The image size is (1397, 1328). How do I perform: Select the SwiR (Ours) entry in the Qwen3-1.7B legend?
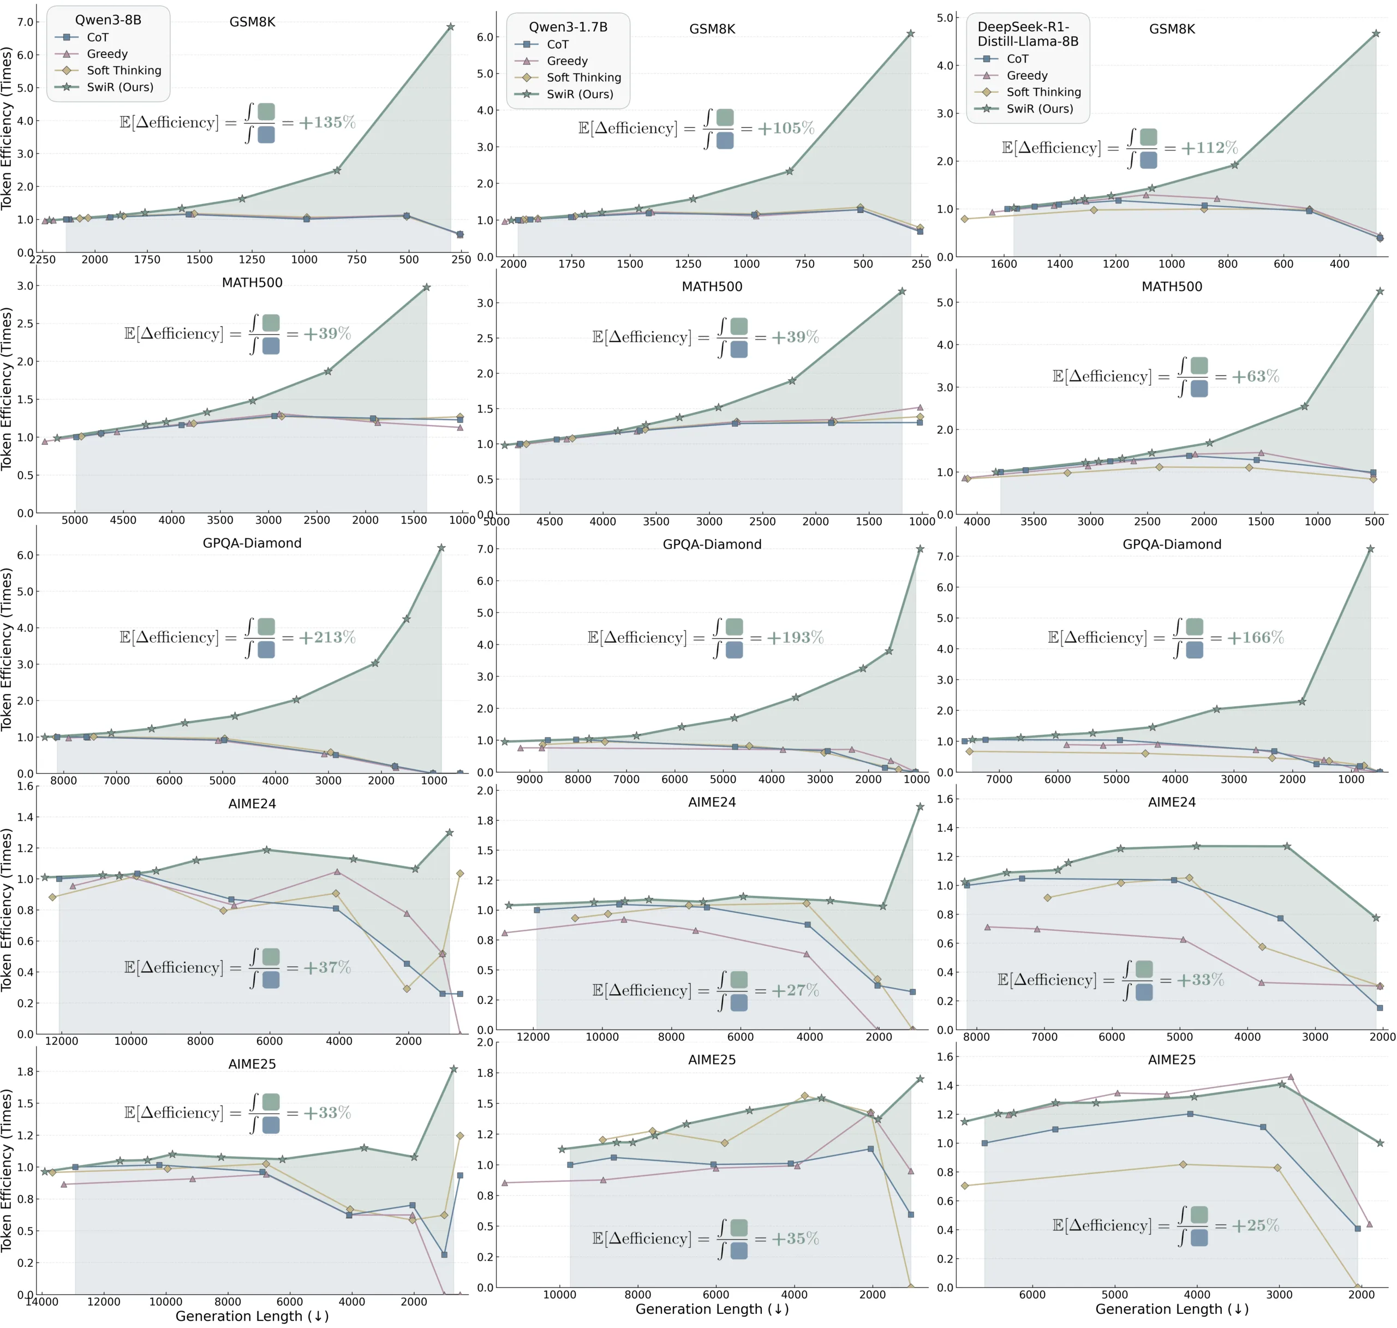pyautogui.click(x=579, y=94)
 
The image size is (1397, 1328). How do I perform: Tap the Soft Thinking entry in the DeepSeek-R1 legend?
pyautogui.click(x=1043, y=92)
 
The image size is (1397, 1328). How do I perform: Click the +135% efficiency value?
pyautogui.click(x=326, y=122)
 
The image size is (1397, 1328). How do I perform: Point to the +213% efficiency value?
pyautogui.click(x=326, y=637)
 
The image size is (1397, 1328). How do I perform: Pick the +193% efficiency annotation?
pyautogui.click(x=795, y=637)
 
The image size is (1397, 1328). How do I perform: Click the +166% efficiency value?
pyautogui.click(x=1255, y=637)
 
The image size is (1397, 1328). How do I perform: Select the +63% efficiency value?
pyautogui.click(x=1255, y=376)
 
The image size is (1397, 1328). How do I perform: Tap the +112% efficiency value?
pyautogui.click(x=1209, y=147)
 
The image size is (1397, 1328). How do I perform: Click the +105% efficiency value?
pyautogui.click(x=786, y=128)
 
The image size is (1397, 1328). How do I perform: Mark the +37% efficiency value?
pyautogui.click(x=326, y=967)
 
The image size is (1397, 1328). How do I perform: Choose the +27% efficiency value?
pyautogui.click(x=795, y=990)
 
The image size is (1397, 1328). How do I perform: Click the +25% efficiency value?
pyautogui.click(x=1255, y=1225)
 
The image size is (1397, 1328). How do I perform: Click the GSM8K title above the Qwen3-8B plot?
pyautogui.click(x=252, y=22)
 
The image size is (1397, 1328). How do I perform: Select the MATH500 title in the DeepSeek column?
pyautogui.click(x=1172, y=286)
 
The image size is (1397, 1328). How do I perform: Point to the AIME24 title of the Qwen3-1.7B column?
pyautogui.click(x=712, y=802)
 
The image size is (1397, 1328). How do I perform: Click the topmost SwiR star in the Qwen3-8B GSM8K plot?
pyautogui.click(x=450, y=27)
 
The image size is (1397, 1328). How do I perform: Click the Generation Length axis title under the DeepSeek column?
pyautogui.click(x=1172, y=1309)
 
